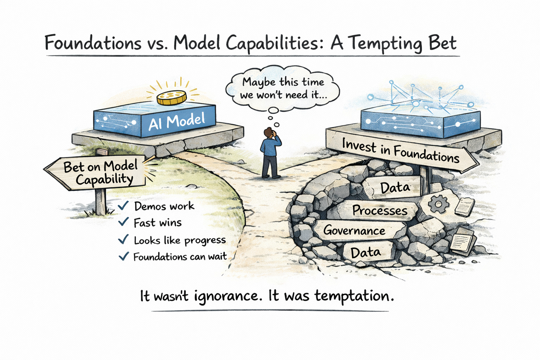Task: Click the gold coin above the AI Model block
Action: click(171, 97)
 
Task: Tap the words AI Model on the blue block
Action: click(176, 122)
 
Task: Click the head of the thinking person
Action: click(269, 133)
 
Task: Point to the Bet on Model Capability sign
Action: click(100, 173)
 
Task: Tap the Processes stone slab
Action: click(380, 210)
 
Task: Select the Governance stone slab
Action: click(354, 231)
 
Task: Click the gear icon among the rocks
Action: click(439, 204)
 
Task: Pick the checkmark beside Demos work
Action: click(123, 205)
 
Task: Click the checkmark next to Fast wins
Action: click(123, 222)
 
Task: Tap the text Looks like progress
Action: click(180, 240)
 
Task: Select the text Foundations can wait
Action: click(180, 257)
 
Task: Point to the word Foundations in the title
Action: click(93, 43)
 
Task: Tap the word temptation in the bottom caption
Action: click(353, 296)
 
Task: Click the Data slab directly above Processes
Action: click(395, 187)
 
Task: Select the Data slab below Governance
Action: click(366, 252)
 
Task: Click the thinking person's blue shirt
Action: click(269, 147)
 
